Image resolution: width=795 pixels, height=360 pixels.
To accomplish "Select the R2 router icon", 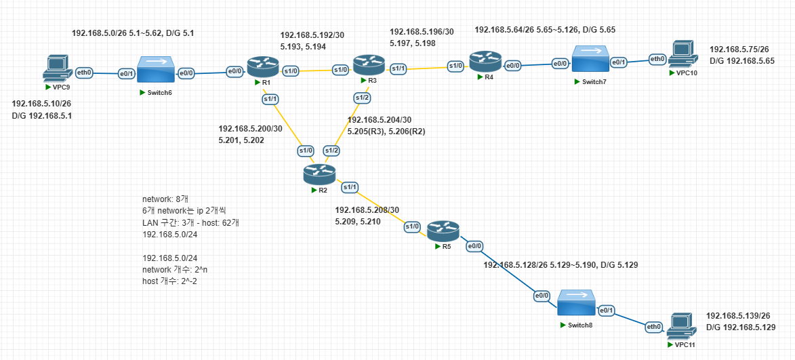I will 319,175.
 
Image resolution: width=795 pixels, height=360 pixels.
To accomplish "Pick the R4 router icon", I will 485,61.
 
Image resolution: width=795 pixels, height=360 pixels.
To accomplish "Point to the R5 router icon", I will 443,231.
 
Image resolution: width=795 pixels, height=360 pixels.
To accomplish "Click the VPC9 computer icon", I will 56,68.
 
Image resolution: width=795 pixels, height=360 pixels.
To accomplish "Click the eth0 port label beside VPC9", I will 84,71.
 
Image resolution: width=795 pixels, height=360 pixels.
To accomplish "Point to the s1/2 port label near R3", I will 363,98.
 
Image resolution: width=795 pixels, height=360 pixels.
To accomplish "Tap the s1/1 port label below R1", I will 270,100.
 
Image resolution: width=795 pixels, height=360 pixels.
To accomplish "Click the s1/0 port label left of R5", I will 412,226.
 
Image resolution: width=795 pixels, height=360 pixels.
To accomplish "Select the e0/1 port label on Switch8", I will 606,311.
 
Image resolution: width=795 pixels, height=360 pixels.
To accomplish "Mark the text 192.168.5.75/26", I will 739,49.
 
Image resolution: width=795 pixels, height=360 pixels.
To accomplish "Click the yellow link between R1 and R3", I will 312,70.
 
